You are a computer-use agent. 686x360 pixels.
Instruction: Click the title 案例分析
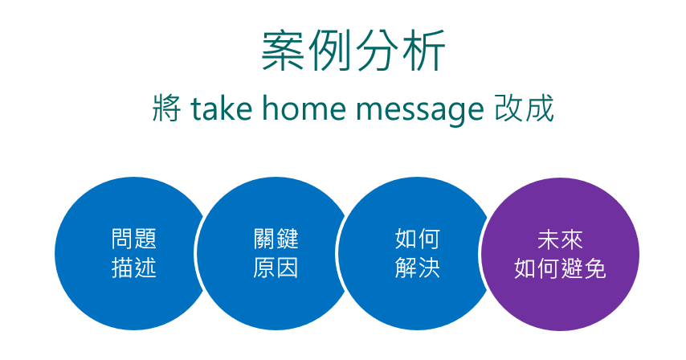(353, 51)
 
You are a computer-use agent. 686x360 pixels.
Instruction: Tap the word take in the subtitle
(222, 108)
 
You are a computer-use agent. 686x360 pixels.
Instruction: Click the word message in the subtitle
(420, 110)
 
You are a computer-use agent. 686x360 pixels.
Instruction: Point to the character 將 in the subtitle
(167, 108)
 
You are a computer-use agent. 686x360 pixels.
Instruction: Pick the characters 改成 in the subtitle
(524, 108)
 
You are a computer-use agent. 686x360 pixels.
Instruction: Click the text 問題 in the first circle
(133, 239)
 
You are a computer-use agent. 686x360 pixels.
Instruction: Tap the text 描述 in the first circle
(133, 268)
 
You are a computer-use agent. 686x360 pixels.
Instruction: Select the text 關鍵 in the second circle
(276, 239)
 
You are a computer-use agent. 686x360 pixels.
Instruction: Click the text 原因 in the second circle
(276, 268)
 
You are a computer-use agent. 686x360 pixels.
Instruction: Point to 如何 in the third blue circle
(418, 239)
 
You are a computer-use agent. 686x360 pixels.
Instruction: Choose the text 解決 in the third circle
(418, 268)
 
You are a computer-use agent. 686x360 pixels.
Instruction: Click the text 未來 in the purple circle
(560, 239)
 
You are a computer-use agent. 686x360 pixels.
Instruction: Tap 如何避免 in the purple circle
(560, 268)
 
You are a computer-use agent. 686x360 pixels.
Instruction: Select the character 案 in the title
(283, 51)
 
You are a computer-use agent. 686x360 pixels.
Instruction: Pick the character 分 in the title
(377, 51)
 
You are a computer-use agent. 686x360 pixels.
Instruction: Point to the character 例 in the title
(330, 51)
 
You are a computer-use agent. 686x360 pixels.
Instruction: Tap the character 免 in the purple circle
(594, 268)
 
